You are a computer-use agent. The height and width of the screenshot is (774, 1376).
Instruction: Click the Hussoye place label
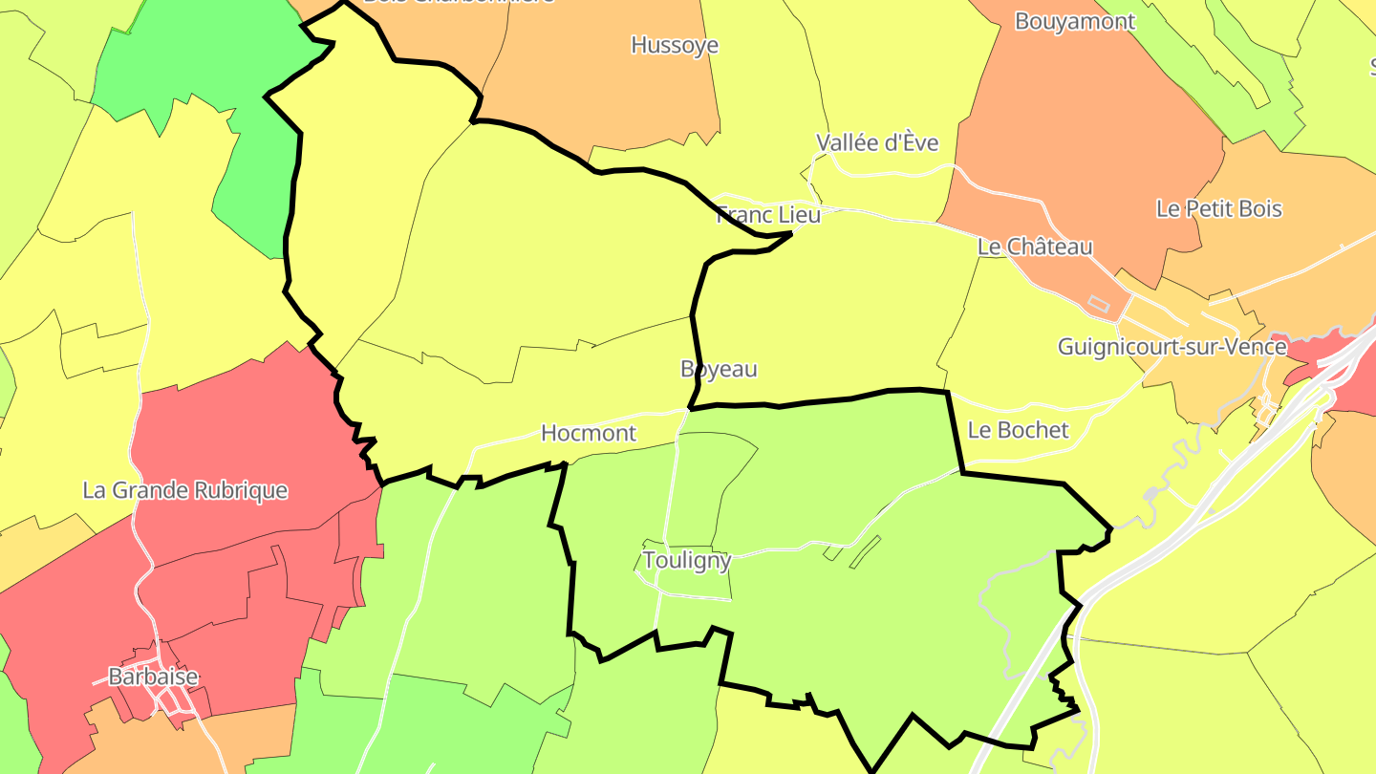[x=675, y=45]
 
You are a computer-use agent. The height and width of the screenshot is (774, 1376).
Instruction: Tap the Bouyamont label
[x=1075, y=21]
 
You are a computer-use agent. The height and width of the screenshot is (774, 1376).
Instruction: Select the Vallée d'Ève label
[x=877, y=143]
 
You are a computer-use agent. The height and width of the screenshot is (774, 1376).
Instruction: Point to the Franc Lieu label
[x=768, y=215]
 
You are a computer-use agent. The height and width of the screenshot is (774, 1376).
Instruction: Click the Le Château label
[x=1035, y=247]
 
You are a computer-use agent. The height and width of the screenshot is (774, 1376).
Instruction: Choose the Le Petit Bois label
[x=1219, y=208]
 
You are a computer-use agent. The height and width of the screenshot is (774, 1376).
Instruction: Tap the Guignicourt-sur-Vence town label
[x=1172, y=346]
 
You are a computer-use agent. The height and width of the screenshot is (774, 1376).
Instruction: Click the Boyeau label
[x=719, y=369]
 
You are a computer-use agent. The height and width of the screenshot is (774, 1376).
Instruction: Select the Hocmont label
[x=589, y=433]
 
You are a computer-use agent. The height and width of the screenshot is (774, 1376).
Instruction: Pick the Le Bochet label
[x=1019, y=430]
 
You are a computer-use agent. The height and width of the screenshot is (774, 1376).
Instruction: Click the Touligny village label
[x=687, y=560]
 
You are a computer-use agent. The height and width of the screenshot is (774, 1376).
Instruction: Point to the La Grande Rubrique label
[x=185, y=490]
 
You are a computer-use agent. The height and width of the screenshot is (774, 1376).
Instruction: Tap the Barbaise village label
[x=154, y=677]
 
